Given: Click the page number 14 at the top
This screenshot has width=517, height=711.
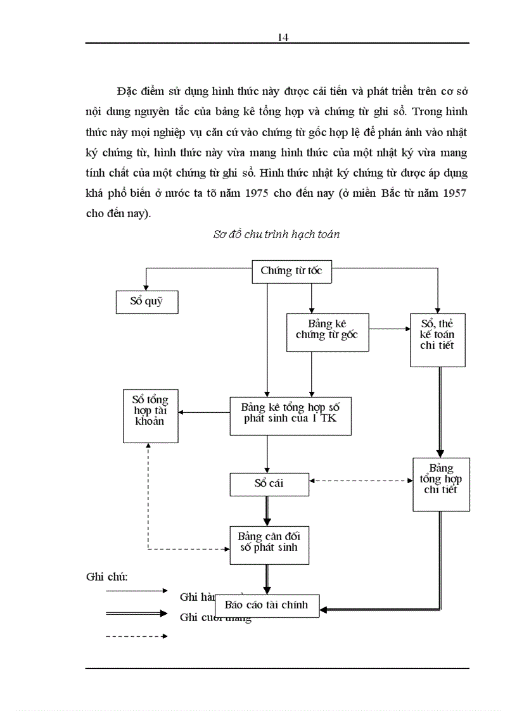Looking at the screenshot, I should (283, 37).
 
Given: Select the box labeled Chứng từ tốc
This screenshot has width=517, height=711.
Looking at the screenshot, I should (291, 271).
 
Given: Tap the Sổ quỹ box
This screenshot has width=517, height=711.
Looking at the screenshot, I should (146, 301).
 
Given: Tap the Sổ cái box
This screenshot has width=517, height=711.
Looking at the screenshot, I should (269, 484).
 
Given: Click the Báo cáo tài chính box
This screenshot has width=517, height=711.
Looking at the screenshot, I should (267, 605).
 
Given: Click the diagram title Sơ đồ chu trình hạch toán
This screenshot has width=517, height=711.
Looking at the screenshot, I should (276, 234).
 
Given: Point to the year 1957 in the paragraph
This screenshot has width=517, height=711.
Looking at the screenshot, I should (451, 194).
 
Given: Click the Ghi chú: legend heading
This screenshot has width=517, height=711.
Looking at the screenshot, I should (107, 577).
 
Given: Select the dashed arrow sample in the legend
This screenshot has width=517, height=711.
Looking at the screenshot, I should (136, 636).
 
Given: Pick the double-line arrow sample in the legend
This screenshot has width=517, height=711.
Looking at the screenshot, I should (136, 613).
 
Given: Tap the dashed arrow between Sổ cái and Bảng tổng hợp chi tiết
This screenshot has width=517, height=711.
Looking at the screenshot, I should (361, 481).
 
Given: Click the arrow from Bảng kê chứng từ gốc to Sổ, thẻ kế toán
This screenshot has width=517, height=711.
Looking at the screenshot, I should (390, 329).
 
